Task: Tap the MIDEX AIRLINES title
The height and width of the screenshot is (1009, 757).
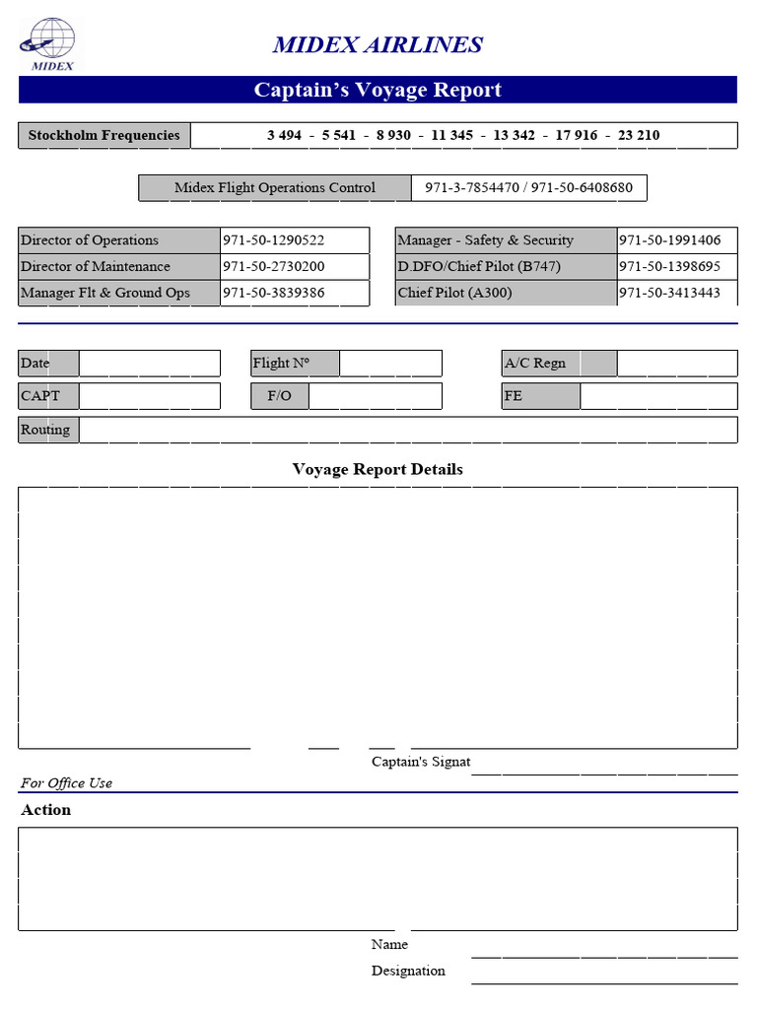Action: [378, 44]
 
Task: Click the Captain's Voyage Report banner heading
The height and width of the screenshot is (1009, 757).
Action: [378, 90]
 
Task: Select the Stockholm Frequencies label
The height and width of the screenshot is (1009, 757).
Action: [103, 135]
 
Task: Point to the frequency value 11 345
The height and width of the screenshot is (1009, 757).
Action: [451, 135]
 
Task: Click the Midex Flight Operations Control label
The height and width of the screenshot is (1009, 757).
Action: [274, 187]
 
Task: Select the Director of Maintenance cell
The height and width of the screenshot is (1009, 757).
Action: [96, 267]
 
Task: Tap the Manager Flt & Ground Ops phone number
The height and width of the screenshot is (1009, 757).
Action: [273, 293]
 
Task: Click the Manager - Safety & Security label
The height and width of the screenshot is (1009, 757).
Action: [485, 240]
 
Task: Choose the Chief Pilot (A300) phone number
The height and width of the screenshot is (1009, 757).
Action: [669, 293]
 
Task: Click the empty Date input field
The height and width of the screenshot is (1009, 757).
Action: [149, 363]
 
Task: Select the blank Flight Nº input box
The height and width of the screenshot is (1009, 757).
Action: [390, 363]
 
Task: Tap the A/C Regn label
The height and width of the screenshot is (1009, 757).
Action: [535, 363]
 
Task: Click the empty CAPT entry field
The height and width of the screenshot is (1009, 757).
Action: [149, 396]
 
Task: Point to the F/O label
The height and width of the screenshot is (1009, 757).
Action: [279, 396]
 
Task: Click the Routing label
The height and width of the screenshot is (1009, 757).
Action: [45, 430]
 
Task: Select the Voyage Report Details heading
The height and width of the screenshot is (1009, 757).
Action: [378, 469]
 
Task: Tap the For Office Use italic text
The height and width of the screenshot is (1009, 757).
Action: [66, 783]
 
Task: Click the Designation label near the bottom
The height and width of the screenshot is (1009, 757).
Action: [408, 971]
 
